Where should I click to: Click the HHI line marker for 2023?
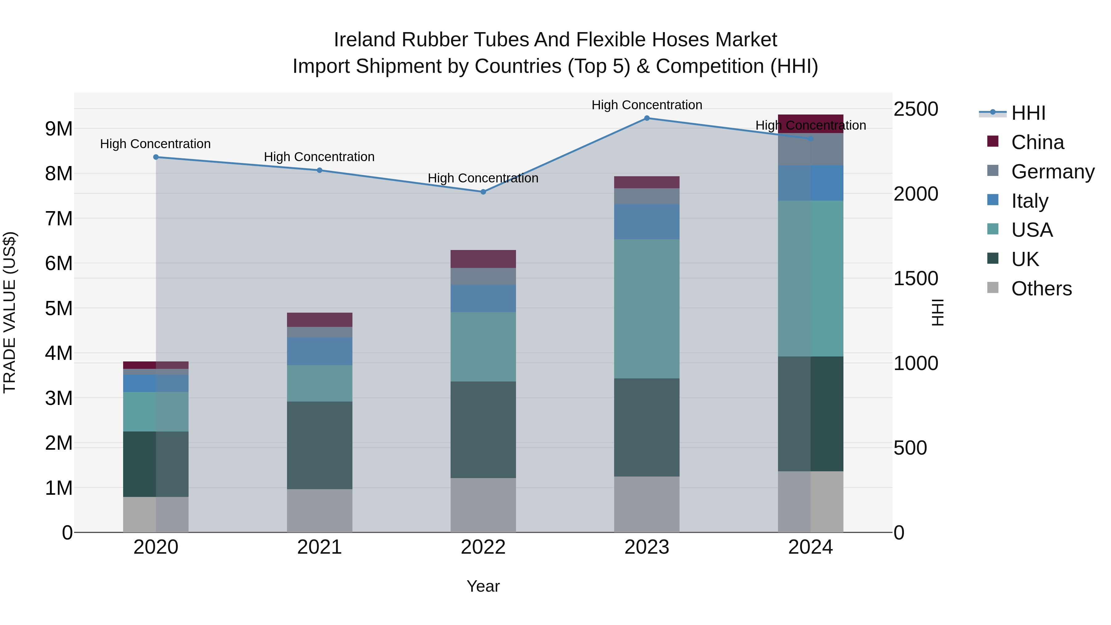(647, 118)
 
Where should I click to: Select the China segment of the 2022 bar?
(483, 259)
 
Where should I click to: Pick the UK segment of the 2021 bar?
(320, 445)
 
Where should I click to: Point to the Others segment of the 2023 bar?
(647, 504)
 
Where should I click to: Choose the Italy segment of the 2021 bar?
(320, 352)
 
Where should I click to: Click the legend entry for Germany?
(1052, 172)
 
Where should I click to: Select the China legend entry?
(1037, 142)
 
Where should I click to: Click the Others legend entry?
(1041, 289)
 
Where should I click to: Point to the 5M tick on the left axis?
(59, 308)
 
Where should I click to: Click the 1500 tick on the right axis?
(915, 278)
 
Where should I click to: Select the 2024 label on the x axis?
(810, 547)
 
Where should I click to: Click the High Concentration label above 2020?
(155, 144)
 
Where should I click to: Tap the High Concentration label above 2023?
(647, 105)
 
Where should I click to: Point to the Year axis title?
(483, 586)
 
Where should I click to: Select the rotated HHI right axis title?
(938, 312)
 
